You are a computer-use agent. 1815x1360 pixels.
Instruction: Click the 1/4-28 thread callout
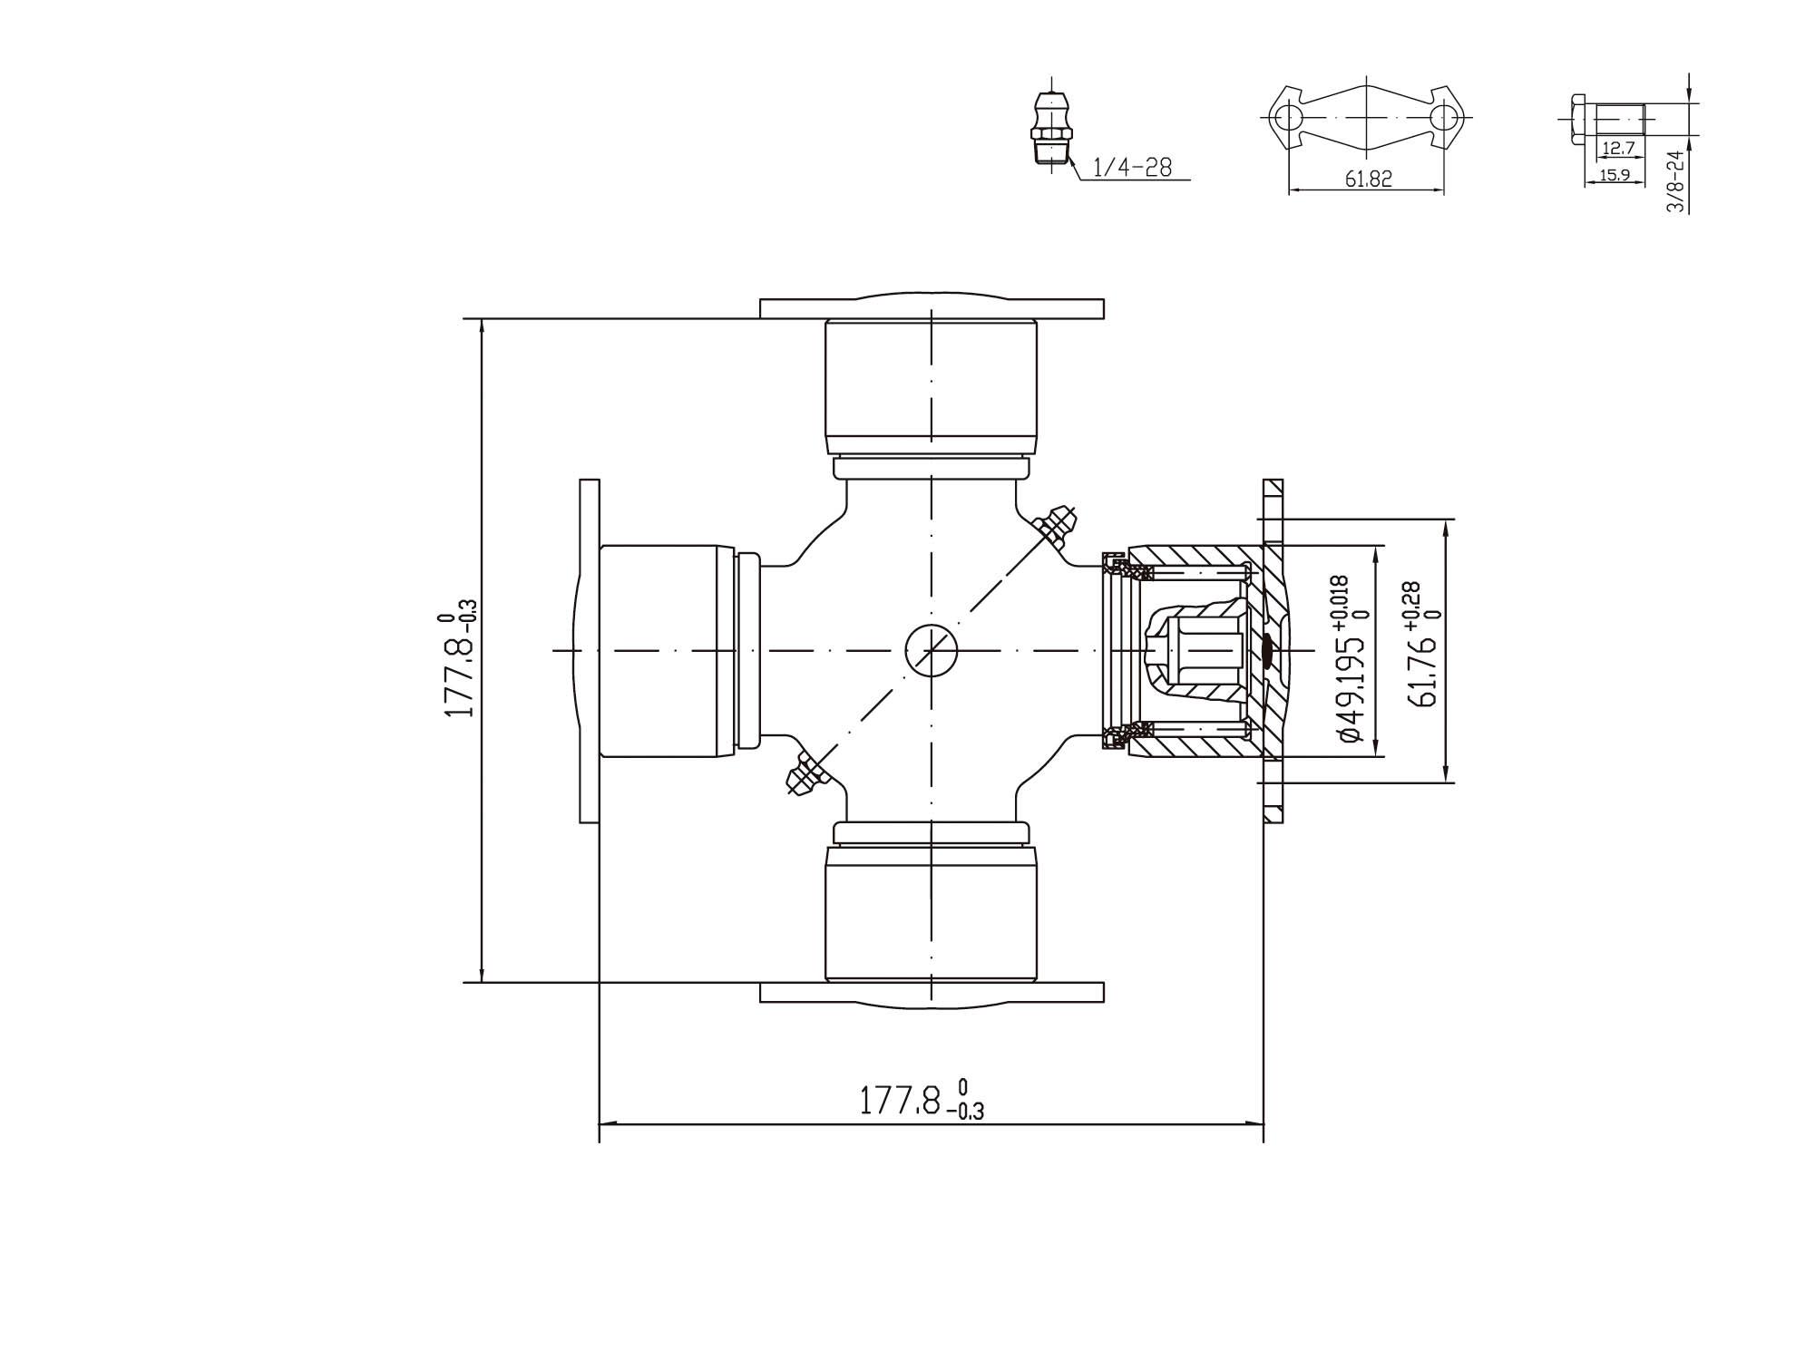(x=1132, y=168)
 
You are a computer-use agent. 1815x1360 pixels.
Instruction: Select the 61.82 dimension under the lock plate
(x=1368, y=180)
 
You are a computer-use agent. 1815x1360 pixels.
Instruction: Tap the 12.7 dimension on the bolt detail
(x=1618, y=149)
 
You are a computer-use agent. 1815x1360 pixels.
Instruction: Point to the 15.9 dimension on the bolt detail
(x=1615, y=175)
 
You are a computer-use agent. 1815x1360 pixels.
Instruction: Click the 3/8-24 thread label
(x=1675, y=182)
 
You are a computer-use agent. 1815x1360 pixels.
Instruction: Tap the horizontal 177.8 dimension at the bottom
(x=921, y=1100)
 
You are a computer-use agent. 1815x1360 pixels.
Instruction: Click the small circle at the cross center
(x=932, y=650)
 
